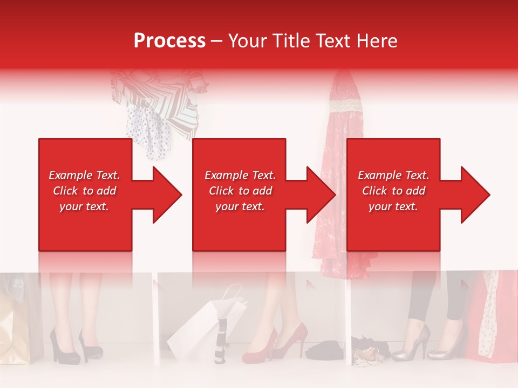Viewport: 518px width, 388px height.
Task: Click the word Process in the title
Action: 169,40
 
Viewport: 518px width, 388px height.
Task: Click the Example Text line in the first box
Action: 84,175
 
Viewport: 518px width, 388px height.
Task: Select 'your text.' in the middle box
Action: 240,206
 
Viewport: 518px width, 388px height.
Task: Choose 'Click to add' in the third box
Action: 393,191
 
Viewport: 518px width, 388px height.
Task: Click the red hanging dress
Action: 340,178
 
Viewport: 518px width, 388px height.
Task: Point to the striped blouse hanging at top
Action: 162,97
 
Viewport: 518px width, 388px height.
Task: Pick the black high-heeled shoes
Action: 76,345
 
